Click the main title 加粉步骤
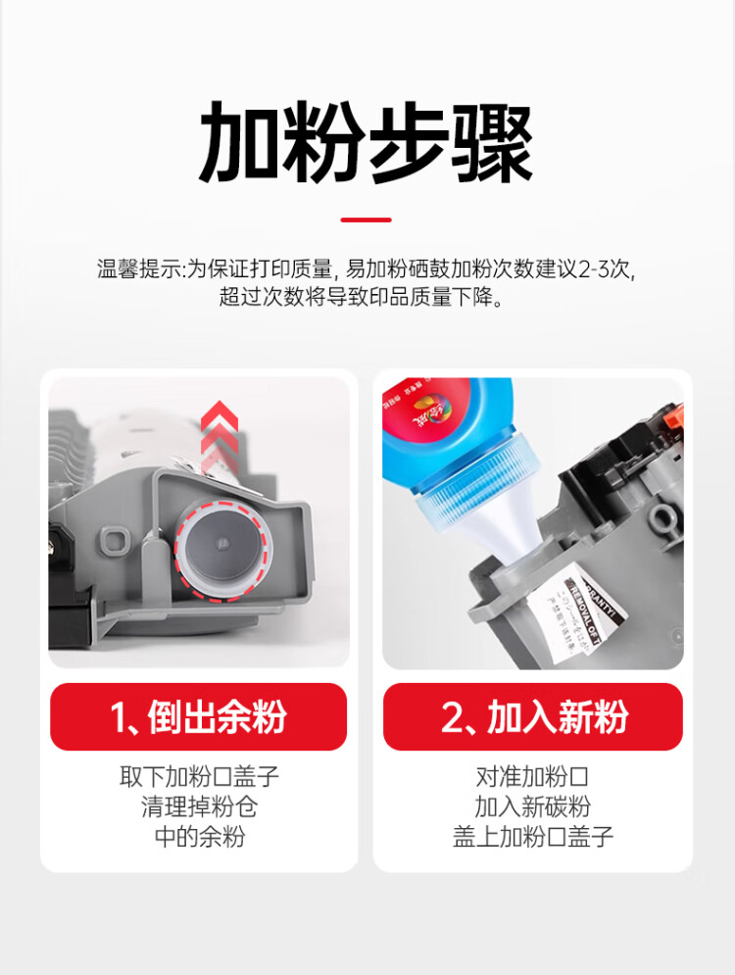click(x=367, y=144)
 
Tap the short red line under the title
click(x=367, y=219)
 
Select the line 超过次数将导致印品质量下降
click(x=367, y=297)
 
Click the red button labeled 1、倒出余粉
click(x=198, y=717)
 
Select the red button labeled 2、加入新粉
click(x=532, y=717)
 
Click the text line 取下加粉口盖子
click(x=199, y=777)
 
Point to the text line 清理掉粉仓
click(x=199, y=806)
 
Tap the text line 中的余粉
click(x=199, y=836)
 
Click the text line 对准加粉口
click(x=532, y=777)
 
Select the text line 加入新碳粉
click(x=532, y=806)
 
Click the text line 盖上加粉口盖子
click(x=532, y=836)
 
